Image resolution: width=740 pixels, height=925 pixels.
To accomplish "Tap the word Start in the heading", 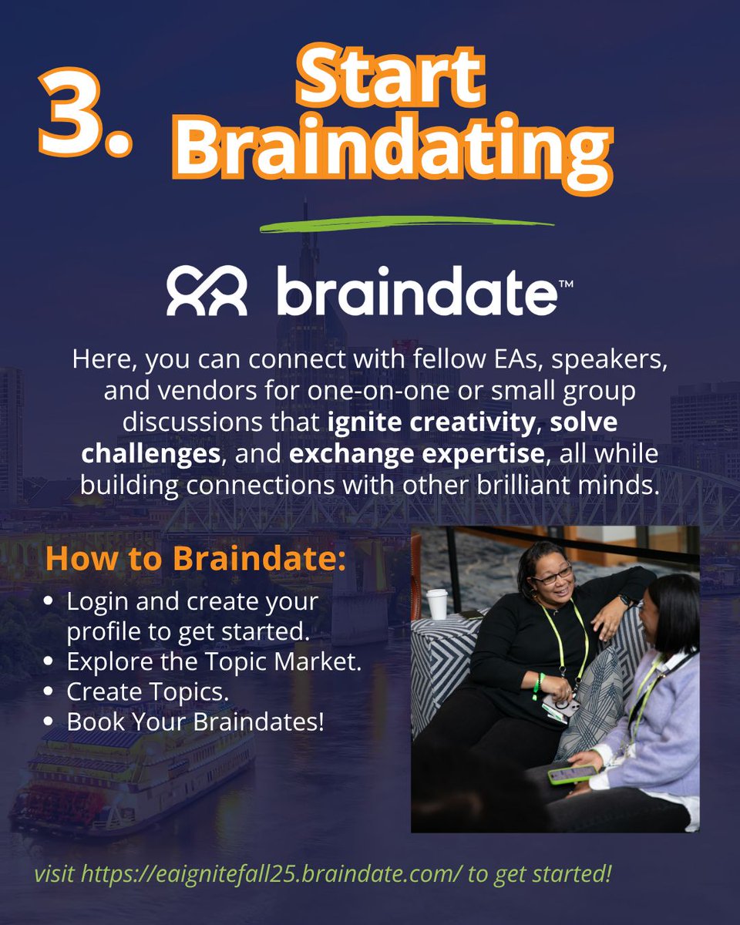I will click(390, 78).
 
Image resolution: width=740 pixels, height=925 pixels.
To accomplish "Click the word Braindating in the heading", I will click(390, 151).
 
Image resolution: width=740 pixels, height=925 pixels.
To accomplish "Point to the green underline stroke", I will click(406, 224).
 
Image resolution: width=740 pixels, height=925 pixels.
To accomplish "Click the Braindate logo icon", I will click(207, 292).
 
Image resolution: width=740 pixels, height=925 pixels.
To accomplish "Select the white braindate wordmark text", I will click(414, 291).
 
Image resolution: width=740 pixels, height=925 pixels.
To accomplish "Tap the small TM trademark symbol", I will click(565, 283).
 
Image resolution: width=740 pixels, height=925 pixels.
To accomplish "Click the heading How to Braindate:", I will click(196, 560).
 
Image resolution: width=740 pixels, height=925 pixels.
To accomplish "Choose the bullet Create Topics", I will click(147, 691).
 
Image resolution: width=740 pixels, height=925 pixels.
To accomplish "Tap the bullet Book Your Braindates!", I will click(195, 722).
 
